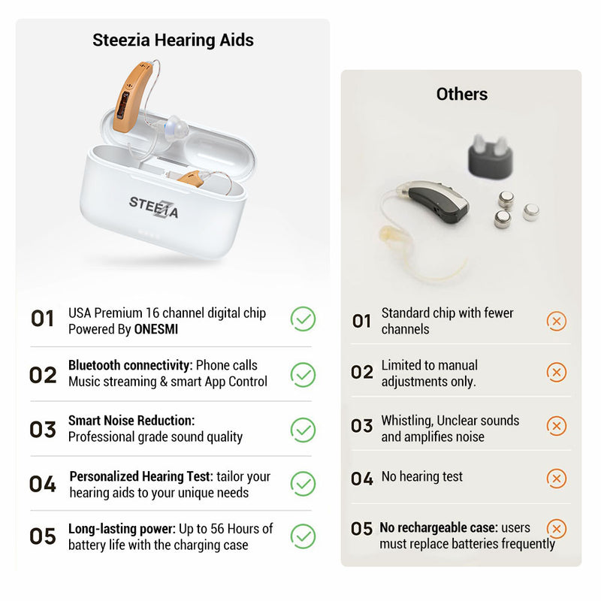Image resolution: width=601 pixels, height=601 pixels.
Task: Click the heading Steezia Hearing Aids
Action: coord(173,40)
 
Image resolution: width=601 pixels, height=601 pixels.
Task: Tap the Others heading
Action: coord(462,94)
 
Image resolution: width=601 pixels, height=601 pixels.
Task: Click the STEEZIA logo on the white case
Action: coord(153,205)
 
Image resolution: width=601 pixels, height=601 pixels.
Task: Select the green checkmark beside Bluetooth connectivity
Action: coord(303,374)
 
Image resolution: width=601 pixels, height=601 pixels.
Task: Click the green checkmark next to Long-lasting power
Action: coord(303,536)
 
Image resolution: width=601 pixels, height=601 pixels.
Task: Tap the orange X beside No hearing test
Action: coord(557,479)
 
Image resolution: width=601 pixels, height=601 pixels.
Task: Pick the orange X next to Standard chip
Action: coord(557,322)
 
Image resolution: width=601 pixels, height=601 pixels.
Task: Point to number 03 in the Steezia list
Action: coord(43,429)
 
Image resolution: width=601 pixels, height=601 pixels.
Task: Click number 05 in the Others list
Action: coord(361,529)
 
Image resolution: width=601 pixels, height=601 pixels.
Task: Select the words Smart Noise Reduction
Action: coord(131,421)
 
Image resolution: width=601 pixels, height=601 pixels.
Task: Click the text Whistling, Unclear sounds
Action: coord(449,421)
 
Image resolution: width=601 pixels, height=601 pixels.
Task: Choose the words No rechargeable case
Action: coord(427,528)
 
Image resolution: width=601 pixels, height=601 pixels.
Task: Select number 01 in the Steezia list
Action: coord(43,319)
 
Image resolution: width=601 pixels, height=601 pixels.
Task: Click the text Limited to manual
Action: coord(429,365)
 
